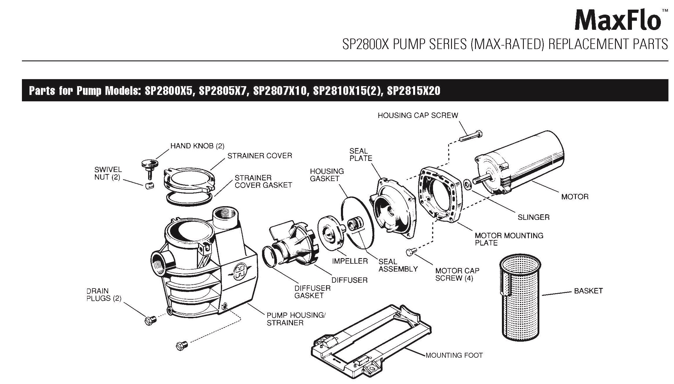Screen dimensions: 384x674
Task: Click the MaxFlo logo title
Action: coord(618,20)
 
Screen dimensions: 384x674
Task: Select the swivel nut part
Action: coord(149,185)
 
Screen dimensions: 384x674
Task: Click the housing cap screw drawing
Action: coord(471,137)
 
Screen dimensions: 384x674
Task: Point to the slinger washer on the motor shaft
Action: coord(467,185)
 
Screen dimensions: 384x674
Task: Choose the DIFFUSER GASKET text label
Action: coord(312,292)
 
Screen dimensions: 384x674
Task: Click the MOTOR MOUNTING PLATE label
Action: coord(509,239)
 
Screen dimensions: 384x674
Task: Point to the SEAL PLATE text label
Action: coord(361,155)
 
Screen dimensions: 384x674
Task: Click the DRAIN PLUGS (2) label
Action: coord(104,294)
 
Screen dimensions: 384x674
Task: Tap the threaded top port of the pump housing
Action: coord(223,218)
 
